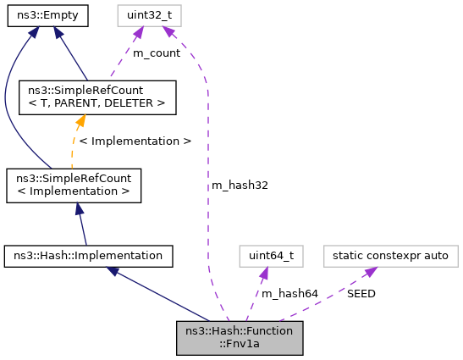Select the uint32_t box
[x=150, y=15]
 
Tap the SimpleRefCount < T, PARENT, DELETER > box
[x=97, y=97]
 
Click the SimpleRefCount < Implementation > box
[x=73, y=186]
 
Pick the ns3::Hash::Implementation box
[x=89, y=254]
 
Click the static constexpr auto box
[x=391, y=254]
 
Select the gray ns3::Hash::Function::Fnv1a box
[x=240, y=336]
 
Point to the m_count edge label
[x=157, y=53]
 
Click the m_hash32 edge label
[x=240, y=185]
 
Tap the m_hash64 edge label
[x=289, y=293]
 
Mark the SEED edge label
[x=361, y=293]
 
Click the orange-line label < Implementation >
[x=135, y=141]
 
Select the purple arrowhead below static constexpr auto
[x=370, y=272]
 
